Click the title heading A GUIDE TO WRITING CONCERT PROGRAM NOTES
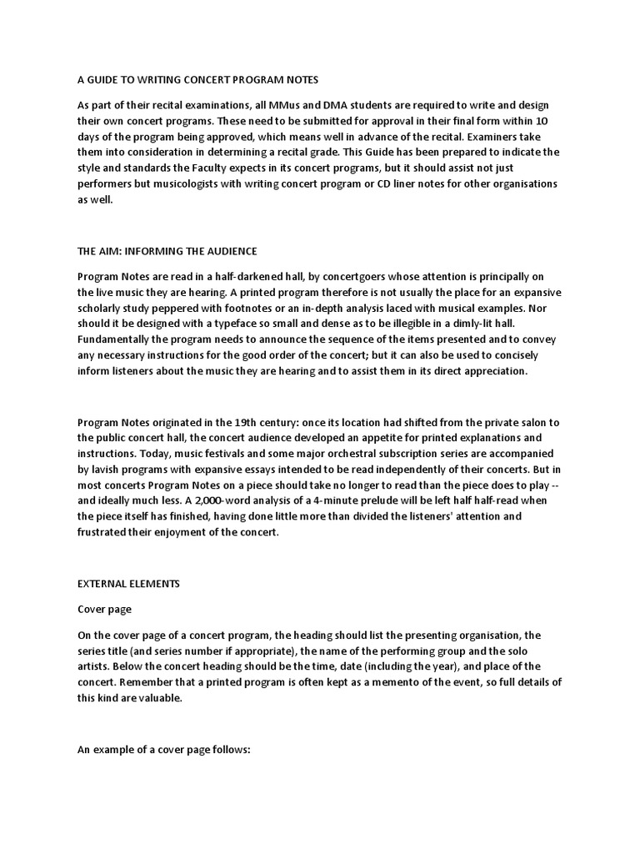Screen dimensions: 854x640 197,80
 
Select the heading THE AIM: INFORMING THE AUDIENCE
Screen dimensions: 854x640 167,251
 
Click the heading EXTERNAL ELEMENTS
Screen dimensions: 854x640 128,584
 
